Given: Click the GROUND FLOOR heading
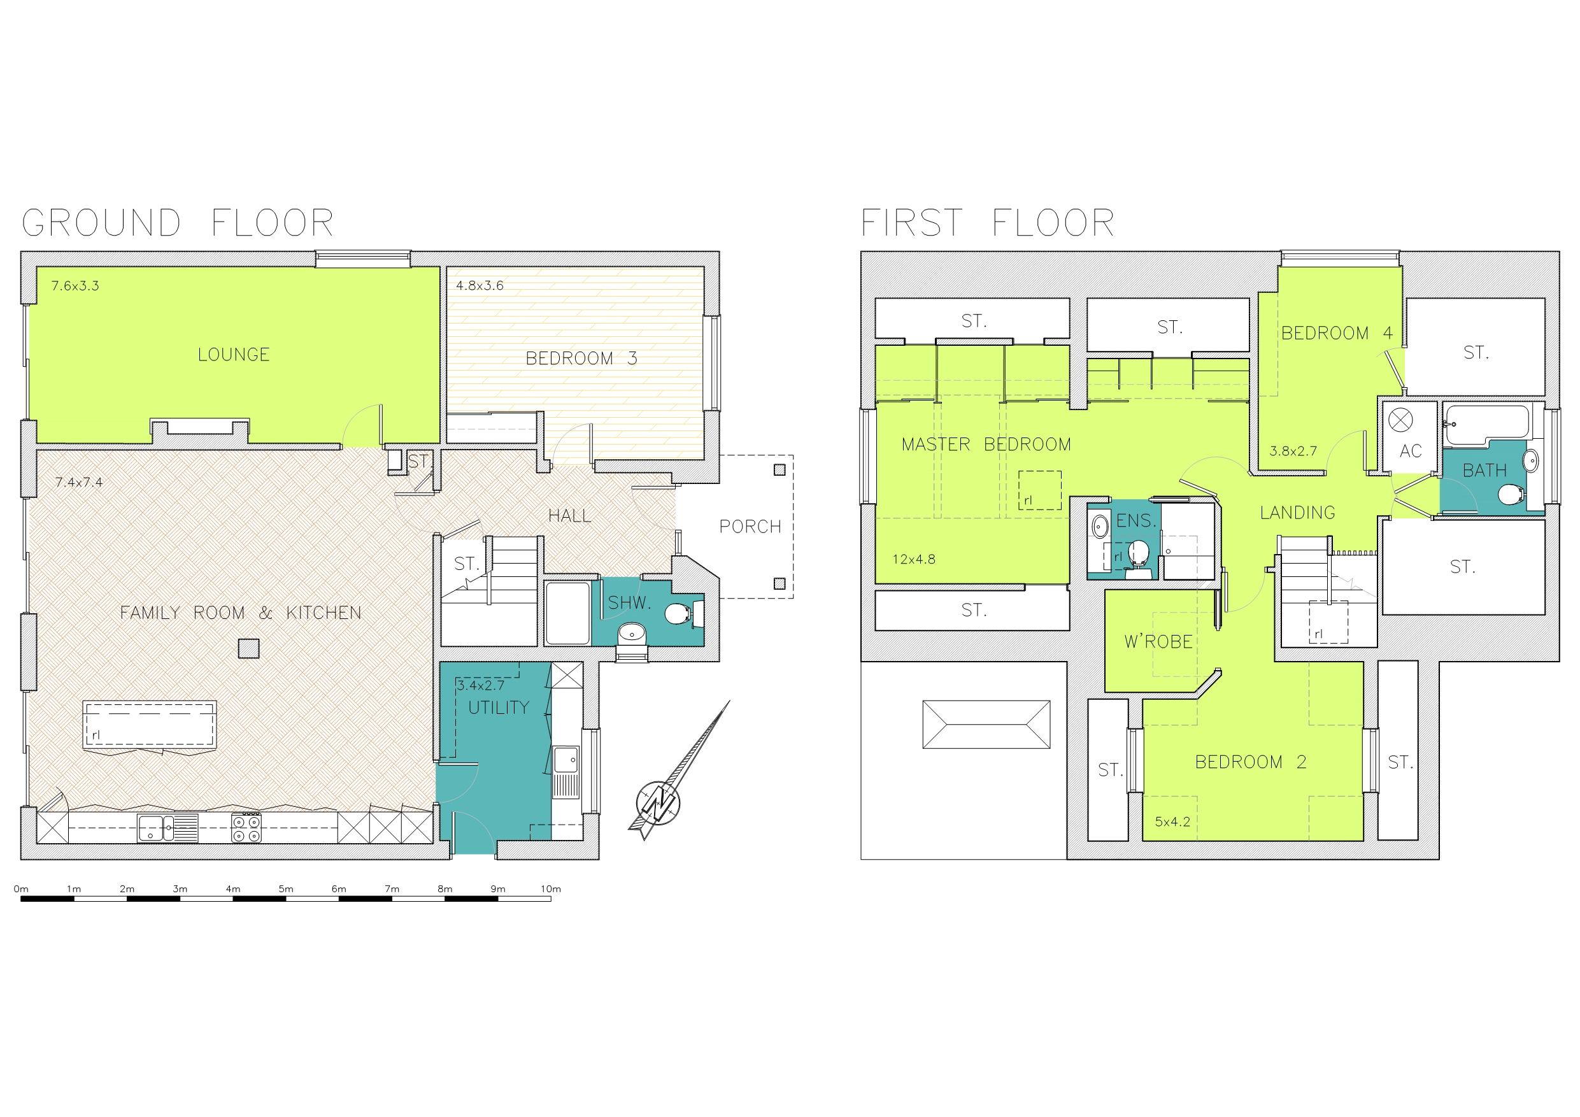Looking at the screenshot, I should coord(178,223).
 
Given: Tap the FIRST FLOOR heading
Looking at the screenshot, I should coord(987,223).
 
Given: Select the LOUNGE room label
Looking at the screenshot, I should coord(233,355).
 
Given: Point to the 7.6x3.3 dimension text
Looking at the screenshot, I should coord(75,285).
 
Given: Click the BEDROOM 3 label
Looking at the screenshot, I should coord(581,359).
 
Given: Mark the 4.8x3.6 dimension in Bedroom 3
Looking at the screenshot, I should coord(480,285).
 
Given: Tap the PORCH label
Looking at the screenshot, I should coord(750,527).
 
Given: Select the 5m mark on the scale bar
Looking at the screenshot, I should coord(285,889).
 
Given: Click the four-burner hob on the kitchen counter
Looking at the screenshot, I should coord(246,827).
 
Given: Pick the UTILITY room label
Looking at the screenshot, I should coord(498,708).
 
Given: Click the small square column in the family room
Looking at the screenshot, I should coord(248,648).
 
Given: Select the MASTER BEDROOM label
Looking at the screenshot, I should coord(986,445).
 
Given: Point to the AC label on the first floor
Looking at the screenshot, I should coord(1411,451).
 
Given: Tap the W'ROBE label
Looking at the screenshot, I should coord(1158,641).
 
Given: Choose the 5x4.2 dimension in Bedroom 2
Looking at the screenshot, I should coord(1172,822).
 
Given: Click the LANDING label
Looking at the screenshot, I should coord(1297,513).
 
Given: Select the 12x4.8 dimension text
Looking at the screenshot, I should coord(914,560).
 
